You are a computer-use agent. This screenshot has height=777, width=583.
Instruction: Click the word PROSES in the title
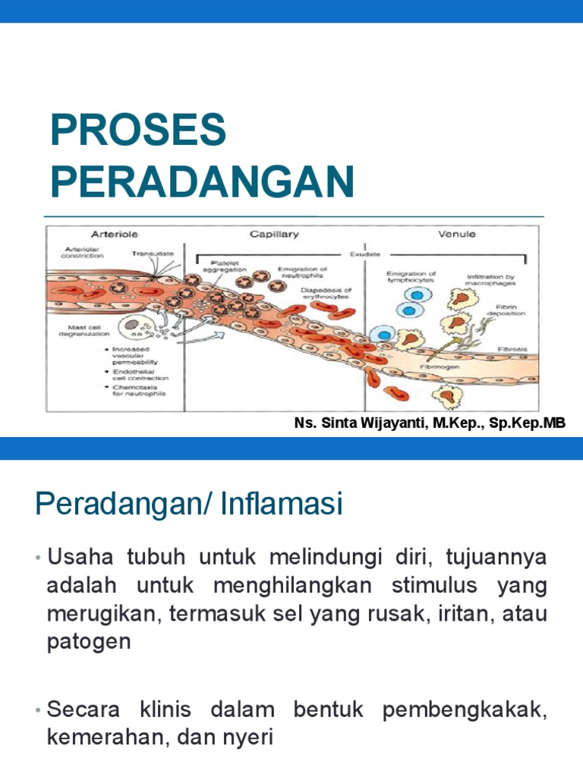point(138,131)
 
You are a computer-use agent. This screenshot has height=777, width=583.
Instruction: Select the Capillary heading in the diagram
point(274,234)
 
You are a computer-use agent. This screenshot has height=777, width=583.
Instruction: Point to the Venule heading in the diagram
point(456,234)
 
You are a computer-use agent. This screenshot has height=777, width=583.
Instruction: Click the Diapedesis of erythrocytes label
point(326,294)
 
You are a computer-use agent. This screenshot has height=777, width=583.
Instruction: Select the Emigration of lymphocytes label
point(411,277)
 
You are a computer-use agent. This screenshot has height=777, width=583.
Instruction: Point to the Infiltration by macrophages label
point(490,281)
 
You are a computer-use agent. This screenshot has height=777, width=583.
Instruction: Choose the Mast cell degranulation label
point(79,331)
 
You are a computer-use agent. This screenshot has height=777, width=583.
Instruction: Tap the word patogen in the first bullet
point(89,642)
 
